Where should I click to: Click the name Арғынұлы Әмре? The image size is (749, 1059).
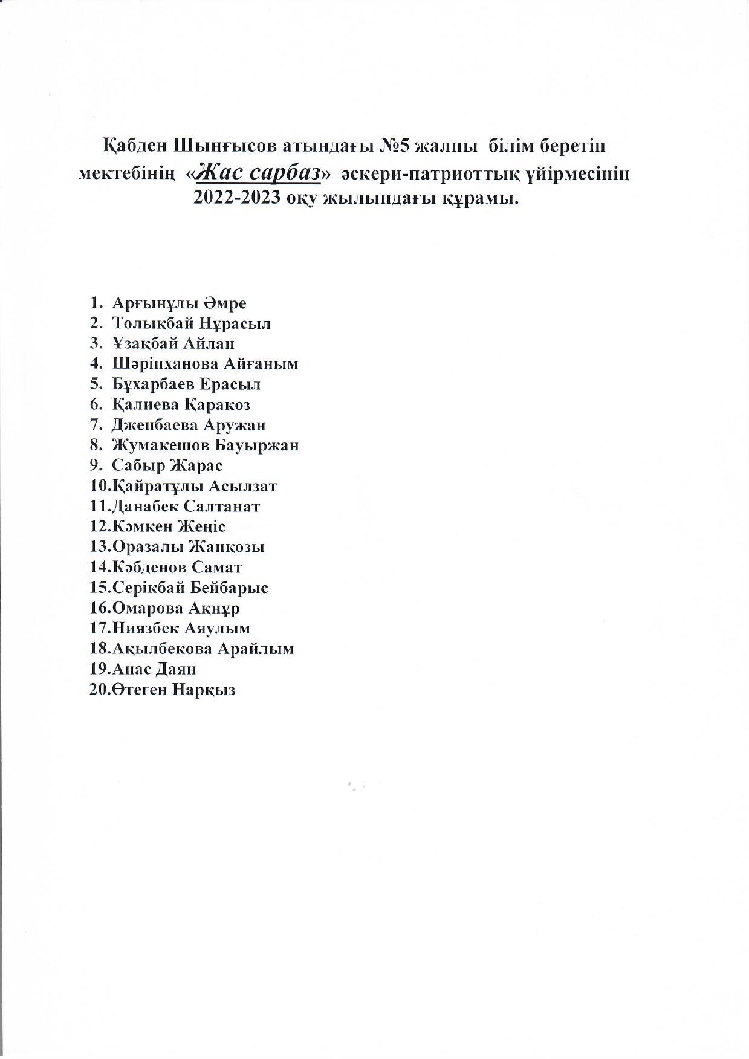pyautogui.click(x=179, y=303)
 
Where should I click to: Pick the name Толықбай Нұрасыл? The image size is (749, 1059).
pyautogui.click(x=191, y=323)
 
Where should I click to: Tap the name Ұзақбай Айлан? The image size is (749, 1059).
pyautogui.click(x=173, y=343)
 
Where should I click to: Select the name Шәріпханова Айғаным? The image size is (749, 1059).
pyautogui.click(x=205, y=364)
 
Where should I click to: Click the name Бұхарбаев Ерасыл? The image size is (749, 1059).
pyautogui.click(x=186, y=384)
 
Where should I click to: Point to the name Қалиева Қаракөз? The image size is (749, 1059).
pyautogui.click(x=181, y=404)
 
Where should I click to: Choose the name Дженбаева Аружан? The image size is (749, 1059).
pyautogui.click(x=189, y=425)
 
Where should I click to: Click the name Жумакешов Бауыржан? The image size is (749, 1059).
pyautogui.click(x=205, y=445)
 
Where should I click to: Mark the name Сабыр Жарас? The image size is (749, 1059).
pyautogui.click(x=167, y=465)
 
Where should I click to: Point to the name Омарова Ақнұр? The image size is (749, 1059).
pyautogui.click(x=175, y=607)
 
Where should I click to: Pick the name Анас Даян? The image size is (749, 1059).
pyautogui.click(x=154, y=669)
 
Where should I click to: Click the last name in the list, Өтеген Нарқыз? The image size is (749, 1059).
pyautogui.click(x=173, y=689)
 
